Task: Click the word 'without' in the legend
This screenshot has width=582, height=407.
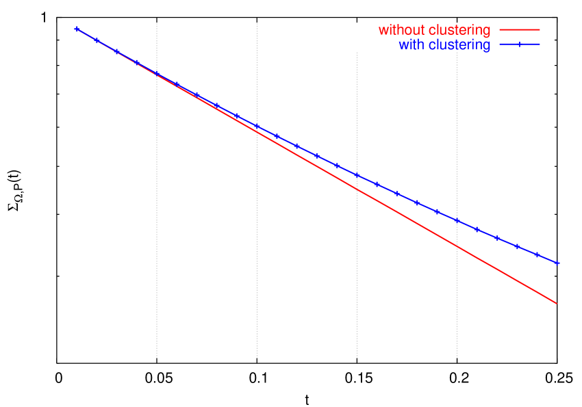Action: coord(401,31)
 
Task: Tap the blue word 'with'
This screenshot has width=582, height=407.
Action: coord(411,46)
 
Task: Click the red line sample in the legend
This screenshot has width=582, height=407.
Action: coord(520,30)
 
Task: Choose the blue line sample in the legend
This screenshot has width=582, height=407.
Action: coord(520,45)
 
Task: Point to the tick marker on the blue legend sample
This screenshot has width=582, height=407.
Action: coord(520,45)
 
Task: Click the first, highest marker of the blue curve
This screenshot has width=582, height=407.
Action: coord(77,29)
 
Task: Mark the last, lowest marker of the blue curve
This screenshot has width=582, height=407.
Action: coord(557,263)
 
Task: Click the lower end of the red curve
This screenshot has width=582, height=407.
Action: coord(556,303)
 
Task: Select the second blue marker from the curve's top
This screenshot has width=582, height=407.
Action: coord(97,40)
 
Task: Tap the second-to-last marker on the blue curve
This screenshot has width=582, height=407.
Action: coord(537,254)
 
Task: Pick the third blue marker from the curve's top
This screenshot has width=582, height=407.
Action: coord(117,51)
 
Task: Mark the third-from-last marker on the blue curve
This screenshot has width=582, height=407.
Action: coord(517,246)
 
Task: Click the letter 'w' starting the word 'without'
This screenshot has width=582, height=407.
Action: coord(383,31)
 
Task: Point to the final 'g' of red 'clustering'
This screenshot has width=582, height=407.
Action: coord(487,32)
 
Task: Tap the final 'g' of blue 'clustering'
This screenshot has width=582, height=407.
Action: coord(487,47)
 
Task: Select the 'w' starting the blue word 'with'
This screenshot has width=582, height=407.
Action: coord(403,46)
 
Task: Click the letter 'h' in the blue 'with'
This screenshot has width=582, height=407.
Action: coord(420,46)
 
